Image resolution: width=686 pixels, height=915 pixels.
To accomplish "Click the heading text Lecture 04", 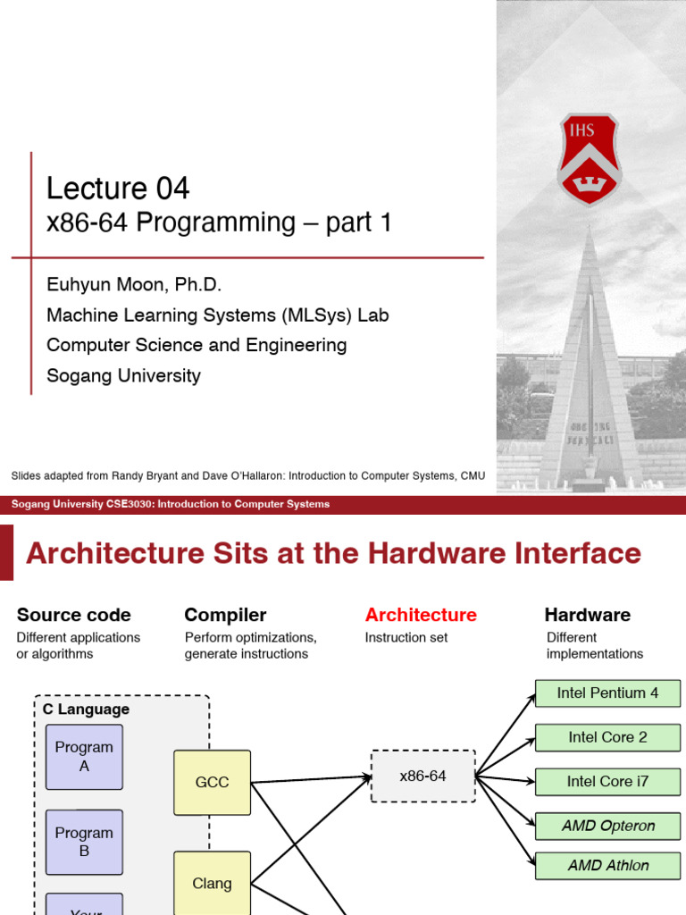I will click(x=118, y=189).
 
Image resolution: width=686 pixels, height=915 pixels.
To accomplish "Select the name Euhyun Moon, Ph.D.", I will click(x=134, y=285).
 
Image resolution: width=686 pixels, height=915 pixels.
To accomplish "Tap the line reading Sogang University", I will click(x=123, y=375).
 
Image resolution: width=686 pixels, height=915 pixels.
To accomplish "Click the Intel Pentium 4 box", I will click(x=607, y=693).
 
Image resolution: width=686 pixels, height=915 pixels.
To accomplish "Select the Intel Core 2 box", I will click(x=607, y=737).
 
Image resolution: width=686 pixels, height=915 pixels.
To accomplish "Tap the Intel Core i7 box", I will click(x=607, y=782).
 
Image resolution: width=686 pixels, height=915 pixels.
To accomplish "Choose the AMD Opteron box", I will click(x=607, y=826).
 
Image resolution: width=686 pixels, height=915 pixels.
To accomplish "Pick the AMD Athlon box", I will click(x=607, y=865).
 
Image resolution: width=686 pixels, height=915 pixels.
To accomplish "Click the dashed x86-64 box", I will click(x=422, y=776).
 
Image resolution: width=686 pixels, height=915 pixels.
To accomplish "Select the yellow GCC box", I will click(x=212, y=783).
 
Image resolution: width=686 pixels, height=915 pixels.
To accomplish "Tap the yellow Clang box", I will click(x=212, y=883).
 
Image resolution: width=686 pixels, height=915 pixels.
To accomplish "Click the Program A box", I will click(x=84, y=757).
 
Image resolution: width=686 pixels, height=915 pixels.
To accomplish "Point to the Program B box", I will click(x=84, y=842).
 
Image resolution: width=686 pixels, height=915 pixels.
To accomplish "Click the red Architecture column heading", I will click(x=421, y=615).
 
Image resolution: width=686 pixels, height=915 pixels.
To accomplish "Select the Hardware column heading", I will click(x=587, y=615).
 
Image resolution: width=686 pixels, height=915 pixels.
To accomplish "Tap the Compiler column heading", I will click(x=225, y=615).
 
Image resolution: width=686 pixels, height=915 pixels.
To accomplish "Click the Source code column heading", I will click(x=74, y=615).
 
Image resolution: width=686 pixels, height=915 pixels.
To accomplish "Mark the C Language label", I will click(x=86, y=709).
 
